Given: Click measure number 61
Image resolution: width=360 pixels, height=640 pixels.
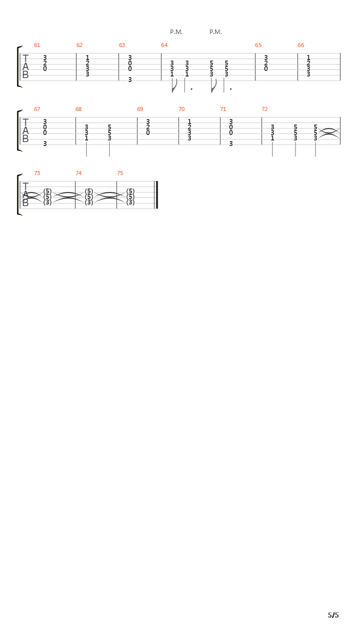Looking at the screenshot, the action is pos(37,45).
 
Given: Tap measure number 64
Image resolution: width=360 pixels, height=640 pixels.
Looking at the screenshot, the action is pos(164,45).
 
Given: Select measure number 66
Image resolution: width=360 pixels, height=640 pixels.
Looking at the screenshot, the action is pos(301,45).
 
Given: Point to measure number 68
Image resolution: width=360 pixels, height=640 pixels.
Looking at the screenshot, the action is pos(78,109).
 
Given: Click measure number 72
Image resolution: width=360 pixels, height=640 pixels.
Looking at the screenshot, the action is pos(264,109).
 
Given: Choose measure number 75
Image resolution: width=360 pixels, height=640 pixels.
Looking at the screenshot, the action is pos(120,173).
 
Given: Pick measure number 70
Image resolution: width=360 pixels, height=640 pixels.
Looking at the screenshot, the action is pos(181,109).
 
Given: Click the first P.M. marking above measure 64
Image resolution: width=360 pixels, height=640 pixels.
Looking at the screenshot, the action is pos(176,32).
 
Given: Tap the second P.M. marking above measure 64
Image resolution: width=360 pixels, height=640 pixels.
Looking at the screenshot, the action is pos(215,32).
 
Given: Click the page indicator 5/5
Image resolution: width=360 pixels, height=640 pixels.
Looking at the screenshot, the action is pos(333,615).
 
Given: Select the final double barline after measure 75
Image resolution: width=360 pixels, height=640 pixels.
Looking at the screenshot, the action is pos(156,195).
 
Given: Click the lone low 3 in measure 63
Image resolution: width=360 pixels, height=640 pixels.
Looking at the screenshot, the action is pos(130,79).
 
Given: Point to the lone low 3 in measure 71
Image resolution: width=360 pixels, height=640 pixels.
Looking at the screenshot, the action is pos(231,143).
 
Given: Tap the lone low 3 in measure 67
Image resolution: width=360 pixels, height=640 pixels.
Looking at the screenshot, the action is pos(45,143).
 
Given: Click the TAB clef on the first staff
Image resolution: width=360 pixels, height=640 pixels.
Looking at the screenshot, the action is pos(25,66).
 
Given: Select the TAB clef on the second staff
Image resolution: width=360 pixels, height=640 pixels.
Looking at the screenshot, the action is pos(25,130).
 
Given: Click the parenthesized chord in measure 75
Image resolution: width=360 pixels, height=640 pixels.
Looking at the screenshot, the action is pos(130,196).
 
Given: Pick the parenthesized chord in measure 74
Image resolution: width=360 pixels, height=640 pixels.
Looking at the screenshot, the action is pos(89,196).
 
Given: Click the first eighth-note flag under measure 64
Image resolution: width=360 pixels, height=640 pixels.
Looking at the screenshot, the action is pos(174,85).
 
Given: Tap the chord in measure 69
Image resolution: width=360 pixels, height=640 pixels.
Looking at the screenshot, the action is pos(147,127).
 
